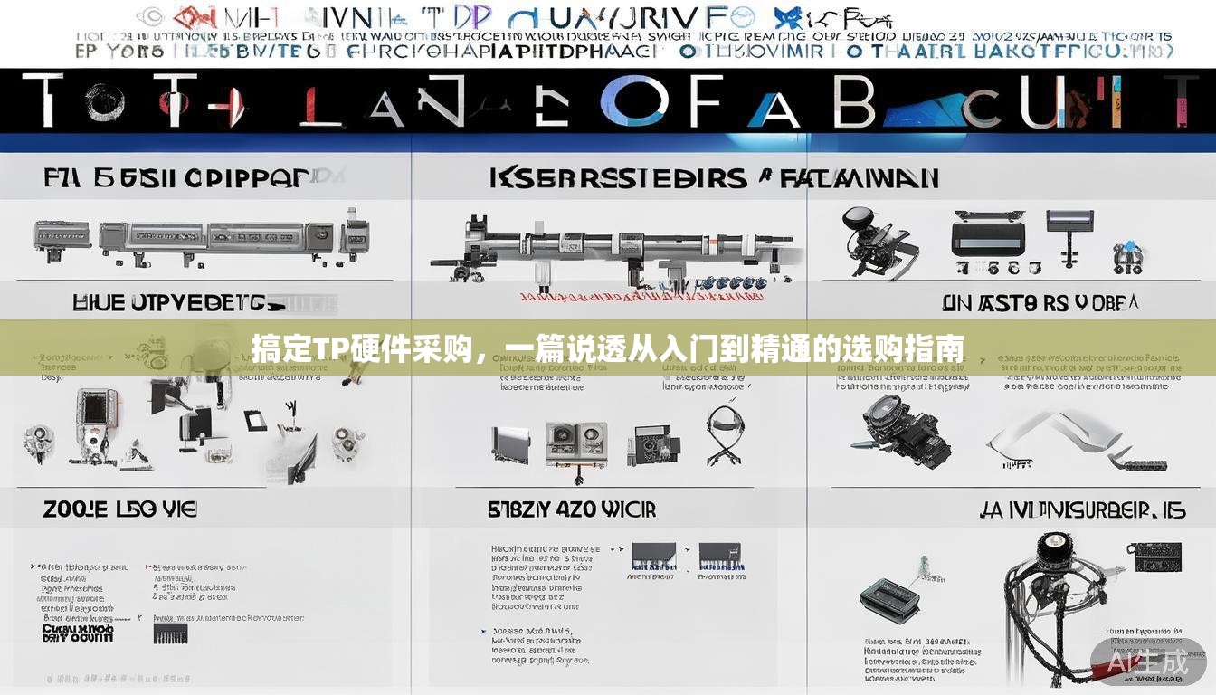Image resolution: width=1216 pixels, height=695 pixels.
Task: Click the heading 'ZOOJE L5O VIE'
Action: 119,509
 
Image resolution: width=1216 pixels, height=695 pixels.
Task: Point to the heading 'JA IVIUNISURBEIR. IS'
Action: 1082,511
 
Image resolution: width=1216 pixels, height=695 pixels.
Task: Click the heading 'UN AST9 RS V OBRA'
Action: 1040,303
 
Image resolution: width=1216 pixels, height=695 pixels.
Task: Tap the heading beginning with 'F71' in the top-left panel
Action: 177,177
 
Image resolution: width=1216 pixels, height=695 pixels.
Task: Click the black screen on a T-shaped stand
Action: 1070,227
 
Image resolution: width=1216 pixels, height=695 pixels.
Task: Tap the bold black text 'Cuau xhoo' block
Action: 78,633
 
